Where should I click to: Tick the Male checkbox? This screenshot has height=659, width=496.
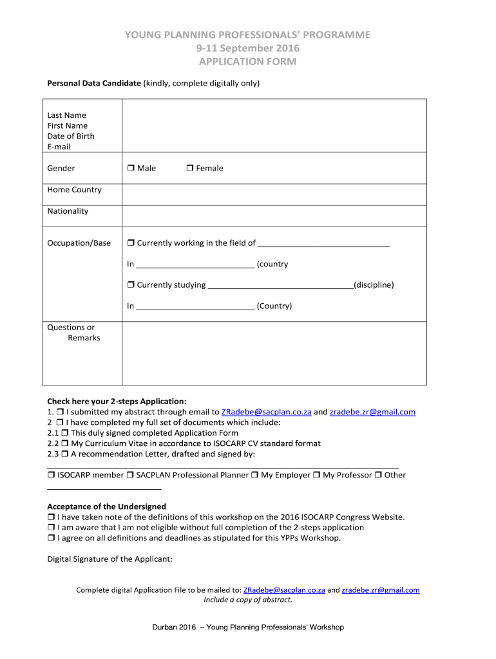pos(130,169)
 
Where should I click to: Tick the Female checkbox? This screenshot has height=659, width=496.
pos(189,169)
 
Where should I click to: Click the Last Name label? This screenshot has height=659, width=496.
pos(66,115)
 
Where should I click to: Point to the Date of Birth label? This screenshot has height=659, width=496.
pos(71,136)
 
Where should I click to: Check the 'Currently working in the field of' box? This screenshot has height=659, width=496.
pos(130,243)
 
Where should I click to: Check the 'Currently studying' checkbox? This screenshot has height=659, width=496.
pos(130,285)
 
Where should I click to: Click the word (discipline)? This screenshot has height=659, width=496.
pos(374,285)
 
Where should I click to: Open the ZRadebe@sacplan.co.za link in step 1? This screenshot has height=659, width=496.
pos(266,412)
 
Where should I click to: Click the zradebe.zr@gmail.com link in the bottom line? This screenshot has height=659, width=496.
pos(380,590)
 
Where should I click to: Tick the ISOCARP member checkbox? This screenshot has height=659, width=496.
pos(51,476)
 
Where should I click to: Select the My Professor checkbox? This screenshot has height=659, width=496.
pos(316,476)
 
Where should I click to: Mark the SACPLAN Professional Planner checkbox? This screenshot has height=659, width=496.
pos(130,476)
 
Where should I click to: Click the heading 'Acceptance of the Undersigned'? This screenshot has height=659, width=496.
pos(107,506)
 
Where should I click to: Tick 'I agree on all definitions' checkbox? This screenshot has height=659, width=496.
pos(51,538)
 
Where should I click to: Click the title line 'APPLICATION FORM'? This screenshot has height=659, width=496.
pos(247,62)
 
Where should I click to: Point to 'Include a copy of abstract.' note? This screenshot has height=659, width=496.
pos(248,600)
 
